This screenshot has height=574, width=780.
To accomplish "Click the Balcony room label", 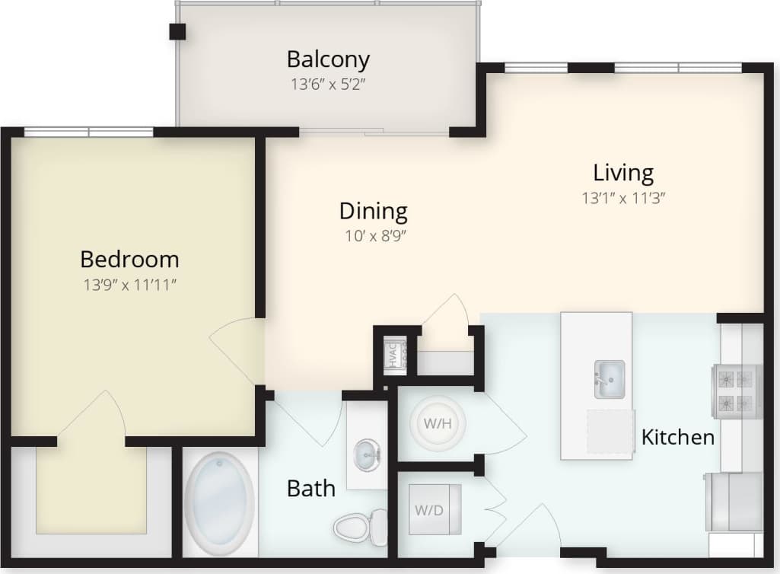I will point(328,59).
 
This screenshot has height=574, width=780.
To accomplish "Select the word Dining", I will point(373,211).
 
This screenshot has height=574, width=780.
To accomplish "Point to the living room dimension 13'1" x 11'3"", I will point(624,198).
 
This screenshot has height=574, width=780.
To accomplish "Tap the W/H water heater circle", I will point(432,423).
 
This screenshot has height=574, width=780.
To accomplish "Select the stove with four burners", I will point(736,391).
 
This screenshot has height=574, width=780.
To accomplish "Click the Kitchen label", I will point(677,437).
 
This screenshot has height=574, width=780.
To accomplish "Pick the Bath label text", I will point(310,488).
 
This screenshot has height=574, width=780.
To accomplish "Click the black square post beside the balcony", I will point(177,31).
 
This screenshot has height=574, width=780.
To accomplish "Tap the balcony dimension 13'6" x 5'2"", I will point(330,84).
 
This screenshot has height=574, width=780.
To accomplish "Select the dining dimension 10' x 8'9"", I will point(373,236).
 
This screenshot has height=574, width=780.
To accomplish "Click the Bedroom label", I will point(129,260).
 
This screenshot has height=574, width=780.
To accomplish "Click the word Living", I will point(623,173).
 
